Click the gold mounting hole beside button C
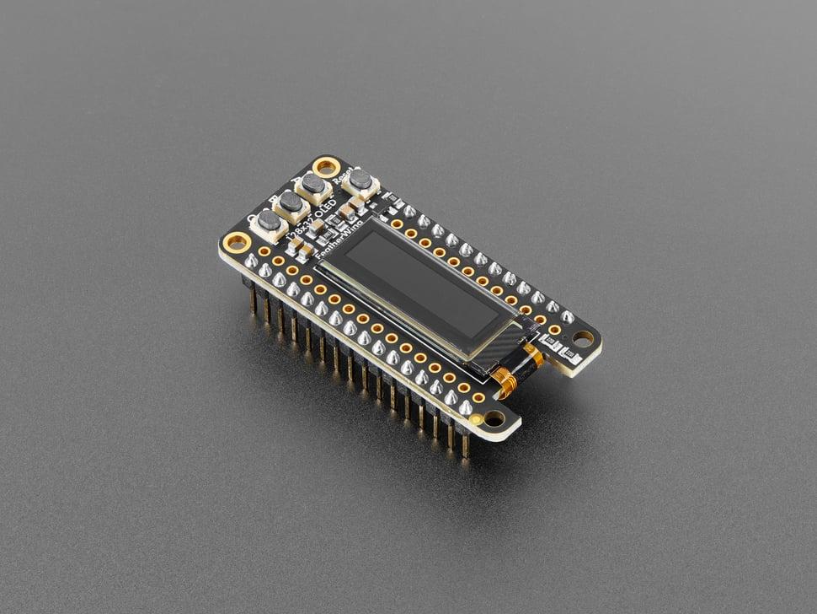point(237,243)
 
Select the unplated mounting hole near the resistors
point(582,338)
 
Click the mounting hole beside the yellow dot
point(494,418)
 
